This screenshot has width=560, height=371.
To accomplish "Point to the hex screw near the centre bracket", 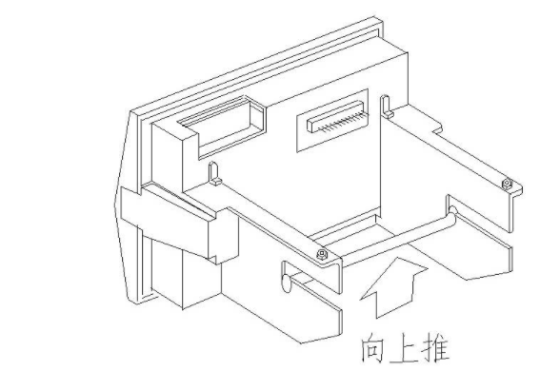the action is (321, 253).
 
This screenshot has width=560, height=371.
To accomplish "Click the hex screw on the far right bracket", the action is (507, 181).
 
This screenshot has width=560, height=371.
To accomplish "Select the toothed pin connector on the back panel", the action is (333, 122).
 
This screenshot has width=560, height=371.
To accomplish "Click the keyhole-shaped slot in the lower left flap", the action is (285, 283).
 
